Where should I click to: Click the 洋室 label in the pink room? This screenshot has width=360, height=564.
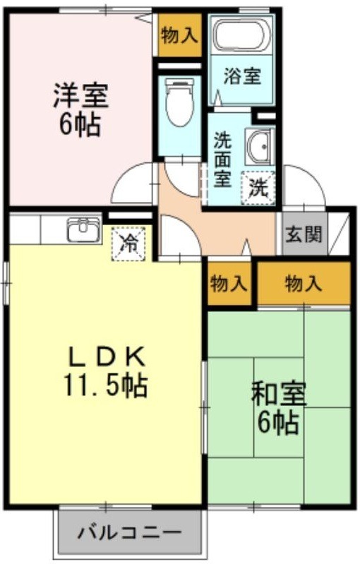click(x=81, y=95)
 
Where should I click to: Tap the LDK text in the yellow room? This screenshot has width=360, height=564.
click(x=107, y=356)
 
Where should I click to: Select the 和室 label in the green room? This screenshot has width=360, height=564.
click(x=279, y=394)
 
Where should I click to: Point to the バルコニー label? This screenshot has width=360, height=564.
click(x=129, y=532)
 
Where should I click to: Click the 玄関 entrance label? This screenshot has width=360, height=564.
click(x=304, y=234)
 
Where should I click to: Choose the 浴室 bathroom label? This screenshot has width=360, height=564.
click(x=242, y=76)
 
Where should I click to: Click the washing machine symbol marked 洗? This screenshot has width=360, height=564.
click(x=258, y=188)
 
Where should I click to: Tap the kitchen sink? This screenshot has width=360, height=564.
click(x=84, y=229)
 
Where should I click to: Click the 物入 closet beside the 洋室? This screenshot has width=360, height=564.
click(x=179, y=35)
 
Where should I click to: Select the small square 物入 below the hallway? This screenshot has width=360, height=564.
click(x=229, y=284)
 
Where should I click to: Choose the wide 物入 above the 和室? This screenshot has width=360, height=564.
click(x=304, y=284)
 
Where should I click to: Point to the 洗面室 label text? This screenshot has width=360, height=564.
click(x=222, y=160)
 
